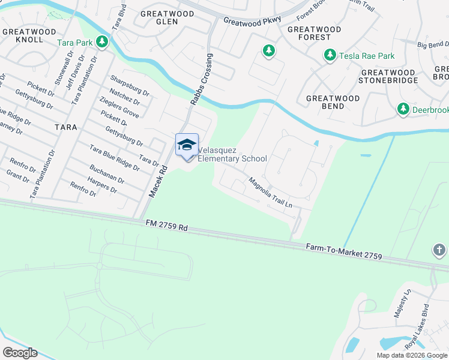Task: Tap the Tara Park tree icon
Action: tap(103, 42)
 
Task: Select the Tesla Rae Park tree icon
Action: tap(330, 56)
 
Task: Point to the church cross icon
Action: tap(439, 250)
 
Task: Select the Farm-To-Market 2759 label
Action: tap(344, 251)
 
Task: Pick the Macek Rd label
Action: tap(156, 183)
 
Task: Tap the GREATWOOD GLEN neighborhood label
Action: tap(160, 17)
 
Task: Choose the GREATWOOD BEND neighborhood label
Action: tap(333, 102)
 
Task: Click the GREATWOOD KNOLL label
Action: tap(23, 35)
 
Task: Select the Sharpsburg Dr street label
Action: tap(129, 85)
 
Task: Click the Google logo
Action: tap(19, 353)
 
